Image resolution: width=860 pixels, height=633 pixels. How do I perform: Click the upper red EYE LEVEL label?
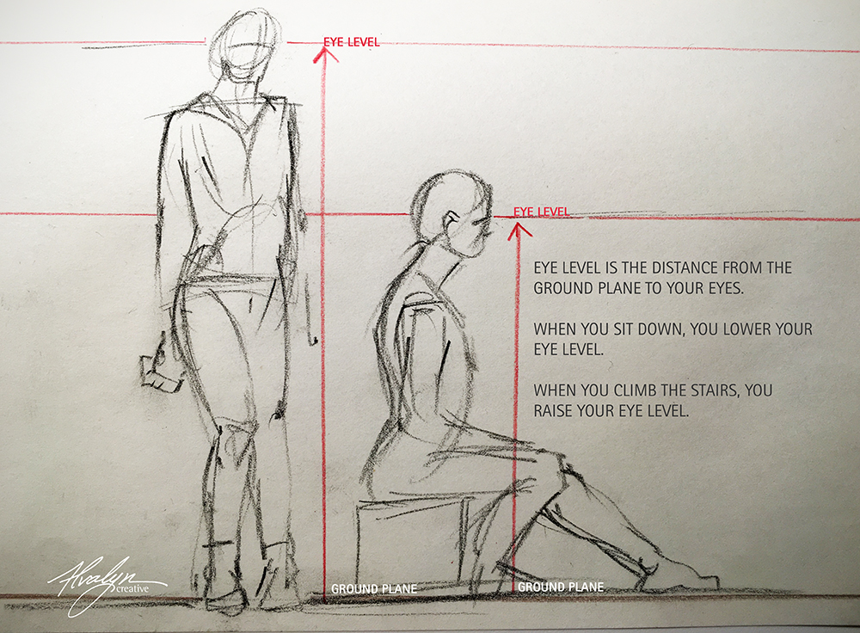click(351, 42)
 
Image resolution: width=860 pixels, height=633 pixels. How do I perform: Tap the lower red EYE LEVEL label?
click(541, 212)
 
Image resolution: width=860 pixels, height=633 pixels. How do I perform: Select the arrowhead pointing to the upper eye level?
click(325, 54)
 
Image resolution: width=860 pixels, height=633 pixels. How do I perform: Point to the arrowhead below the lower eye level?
click(519, 231)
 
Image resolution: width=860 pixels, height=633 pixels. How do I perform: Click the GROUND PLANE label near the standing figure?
click(374, 588)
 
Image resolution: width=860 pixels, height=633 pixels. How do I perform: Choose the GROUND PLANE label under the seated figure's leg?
click(561, 587)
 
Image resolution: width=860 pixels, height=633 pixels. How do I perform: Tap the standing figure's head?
click(243, 44)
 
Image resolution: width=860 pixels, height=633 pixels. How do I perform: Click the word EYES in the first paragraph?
click(726, 288)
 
